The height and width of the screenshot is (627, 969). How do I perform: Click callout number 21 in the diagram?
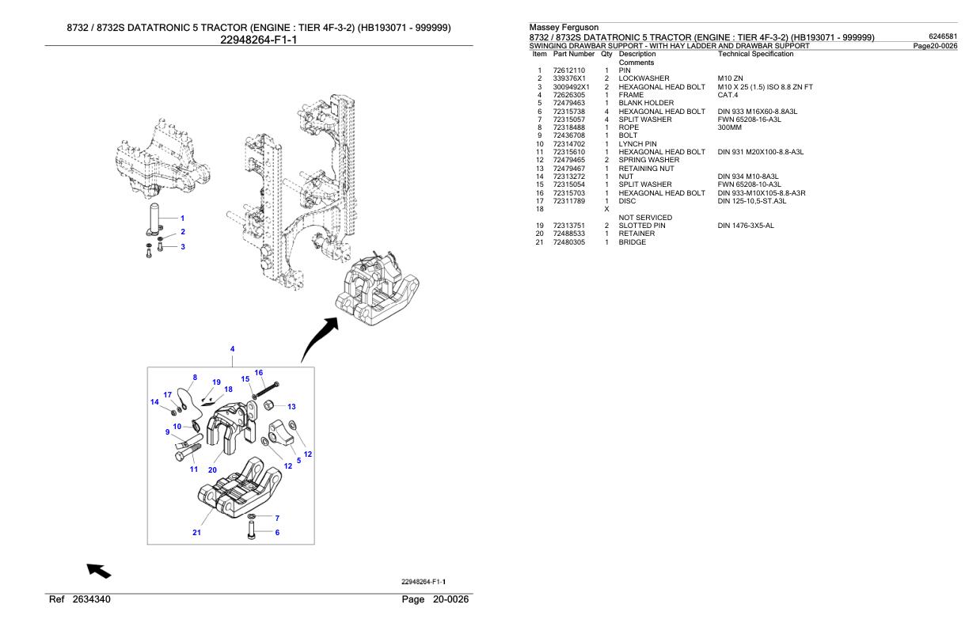(196, 533)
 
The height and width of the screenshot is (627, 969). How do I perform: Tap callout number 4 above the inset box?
(232, 348)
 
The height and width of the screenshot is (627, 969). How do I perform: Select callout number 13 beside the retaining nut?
(291, 406)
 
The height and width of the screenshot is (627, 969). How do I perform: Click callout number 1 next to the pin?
(183, 218)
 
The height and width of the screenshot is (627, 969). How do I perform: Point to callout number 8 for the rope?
(195, 378)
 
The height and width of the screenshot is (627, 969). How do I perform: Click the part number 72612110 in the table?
(568, 70)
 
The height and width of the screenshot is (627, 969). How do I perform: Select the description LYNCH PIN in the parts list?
(637, 144)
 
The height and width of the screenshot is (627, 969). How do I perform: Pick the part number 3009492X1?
(571, 87)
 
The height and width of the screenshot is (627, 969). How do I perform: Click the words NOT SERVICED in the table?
(645, 217)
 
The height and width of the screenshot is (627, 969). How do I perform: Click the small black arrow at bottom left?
(99, 570)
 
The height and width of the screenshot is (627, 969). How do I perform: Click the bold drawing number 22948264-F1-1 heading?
(258, 40)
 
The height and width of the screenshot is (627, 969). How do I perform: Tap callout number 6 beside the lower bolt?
(277, 533)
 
